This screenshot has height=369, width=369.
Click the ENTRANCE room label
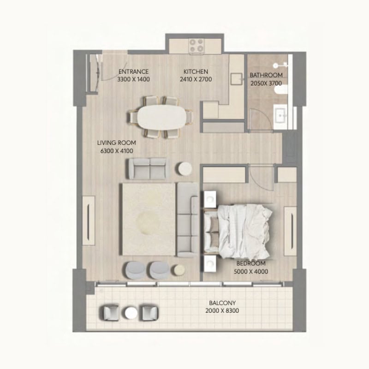[133, 71]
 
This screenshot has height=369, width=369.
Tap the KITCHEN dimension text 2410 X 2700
[196, 79]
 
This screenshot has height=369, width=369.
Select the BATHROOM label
[266, 75]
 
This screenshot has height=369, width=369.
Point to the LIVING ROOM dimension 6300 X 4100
[117, 151]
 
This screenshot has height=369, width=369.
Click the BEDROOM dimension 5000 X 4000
[251, 272]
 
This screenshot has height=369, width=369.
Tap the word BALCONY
[222, 303]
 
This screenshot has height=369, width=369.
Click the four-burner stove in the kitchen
[196, 46]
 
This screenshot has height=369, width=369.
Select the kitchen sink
[236, 79]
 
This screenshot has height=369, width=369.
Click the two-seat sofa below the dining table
[148, 168]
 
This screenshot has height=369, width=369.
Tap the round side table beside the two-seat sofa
[185, 168]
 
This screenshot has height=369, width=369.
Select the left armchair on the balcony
[111, 313]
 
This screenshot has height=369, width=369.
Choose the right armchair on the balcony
[150, 313]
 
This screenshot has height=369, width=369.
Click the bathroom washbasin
[280, 116]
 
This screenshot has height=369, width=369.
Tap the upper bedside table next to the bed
[210, 200]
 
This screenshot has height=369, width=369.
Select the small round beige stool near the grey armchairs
[179, 270]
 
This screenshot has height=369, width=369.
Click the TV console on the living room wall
[89, 220]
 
